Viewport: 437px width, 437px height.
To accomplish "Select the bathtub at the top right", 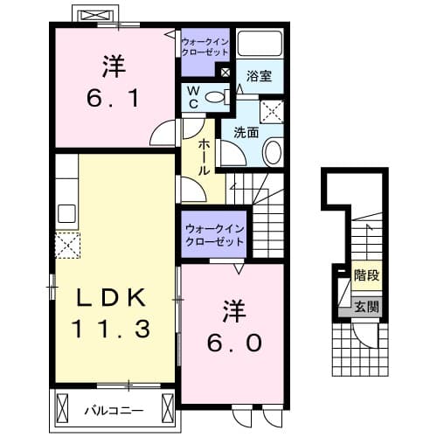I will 260,46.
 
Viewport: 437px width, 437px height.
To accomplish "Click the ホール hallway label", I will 204,157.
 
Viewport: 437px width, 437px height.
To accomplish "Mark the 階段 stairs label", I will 365,274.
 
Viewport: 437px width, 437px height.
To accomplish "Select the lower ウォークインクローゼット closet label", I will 215,234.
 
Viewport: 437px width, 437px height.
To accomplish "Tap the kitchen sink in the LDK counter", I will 66,212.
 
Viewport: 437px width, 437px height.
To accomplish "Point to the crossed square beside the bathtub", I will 226,73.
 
